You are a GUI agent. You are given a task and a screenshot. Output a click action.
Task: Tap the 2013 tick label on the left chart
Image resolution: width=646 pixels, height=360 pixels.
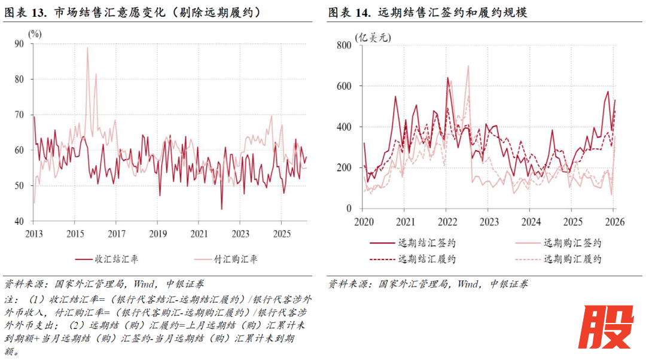[33, 233]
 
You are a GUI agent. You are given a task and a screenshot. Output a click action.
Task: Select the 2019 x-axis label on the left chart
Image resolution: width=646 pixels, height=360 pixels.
[157, 233]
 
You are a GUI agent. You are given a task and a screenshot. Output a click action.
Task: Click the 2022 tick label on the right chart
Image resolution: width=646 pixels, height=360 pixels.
[446, 221]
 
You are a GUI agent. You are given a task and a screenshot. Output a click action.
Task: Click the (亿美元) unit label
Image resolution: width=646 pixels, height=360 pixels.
[373, 38]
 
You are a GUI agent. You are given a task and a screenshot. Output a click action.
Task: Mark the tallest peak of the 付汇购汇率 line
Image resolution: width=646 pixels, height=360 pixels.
[87, 48]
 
